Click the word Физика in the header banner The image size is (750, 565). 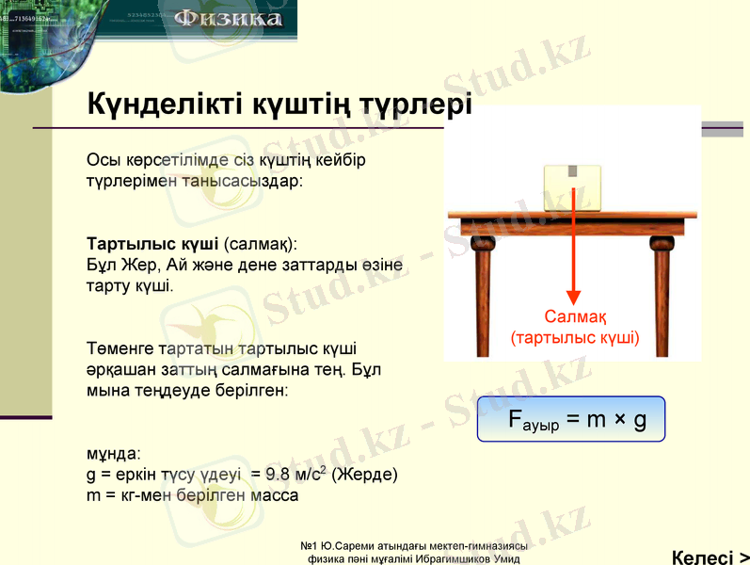click(x=228, y=19)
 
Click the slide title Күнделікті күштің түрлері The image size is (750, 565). click(x=279, y=104)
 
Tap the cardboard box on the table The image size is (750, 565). click(x=571, y=187)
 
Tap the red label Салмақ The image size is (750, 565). click(x=574, y=317)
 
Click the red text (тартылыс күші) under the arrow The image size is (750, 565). click(x=574, y=336)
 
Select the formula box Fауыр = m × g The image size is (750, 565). click(x=571, y=419)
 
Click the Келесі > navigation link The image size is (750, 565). click(x=710, y=557)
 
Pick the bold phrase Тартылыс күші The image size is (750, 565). click(x=152, y=242)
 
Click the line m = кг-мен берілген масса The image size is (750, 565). click(x=192, y=495)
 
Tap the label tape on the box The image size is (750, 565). click(x=571, y=172)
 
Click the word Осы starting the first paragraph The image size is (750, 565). click(x=102, y=159)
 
